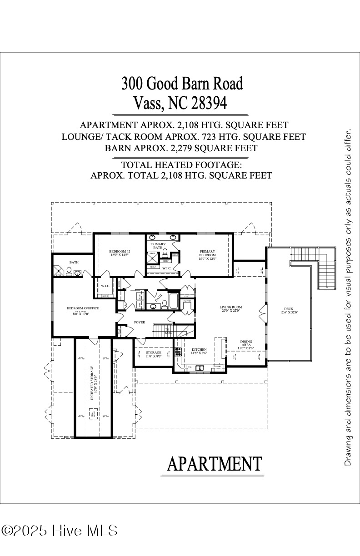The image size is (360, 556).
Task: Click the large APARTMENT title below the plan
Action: coord(215,464)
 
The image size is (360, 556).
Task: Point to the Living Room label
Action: coord(230,307)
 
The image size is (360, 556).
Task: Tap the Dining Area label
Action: coord(246,343)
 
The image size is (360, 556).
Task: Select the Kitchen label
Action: coord(199,350)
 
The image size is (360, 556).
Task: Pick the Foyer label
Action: coord(139,323)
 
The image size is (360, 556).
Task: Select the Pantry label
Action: coord(187,301)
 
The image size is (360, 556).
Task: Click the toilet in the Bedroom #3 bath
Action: coord(69,272)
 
